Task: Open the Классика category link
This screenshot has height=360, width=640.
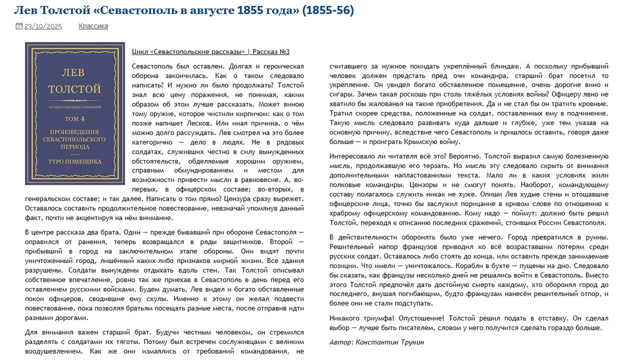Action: point(93,26)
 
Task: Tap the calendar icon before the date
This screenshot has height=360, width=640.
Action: point(19,26)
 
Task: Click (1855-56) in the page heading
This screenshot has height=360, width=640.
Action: point(327,10)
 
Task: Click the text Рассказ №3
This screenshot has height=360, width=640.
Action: point(271,52)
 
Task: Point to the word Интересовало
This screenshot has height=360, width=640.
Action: point(353,157)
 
